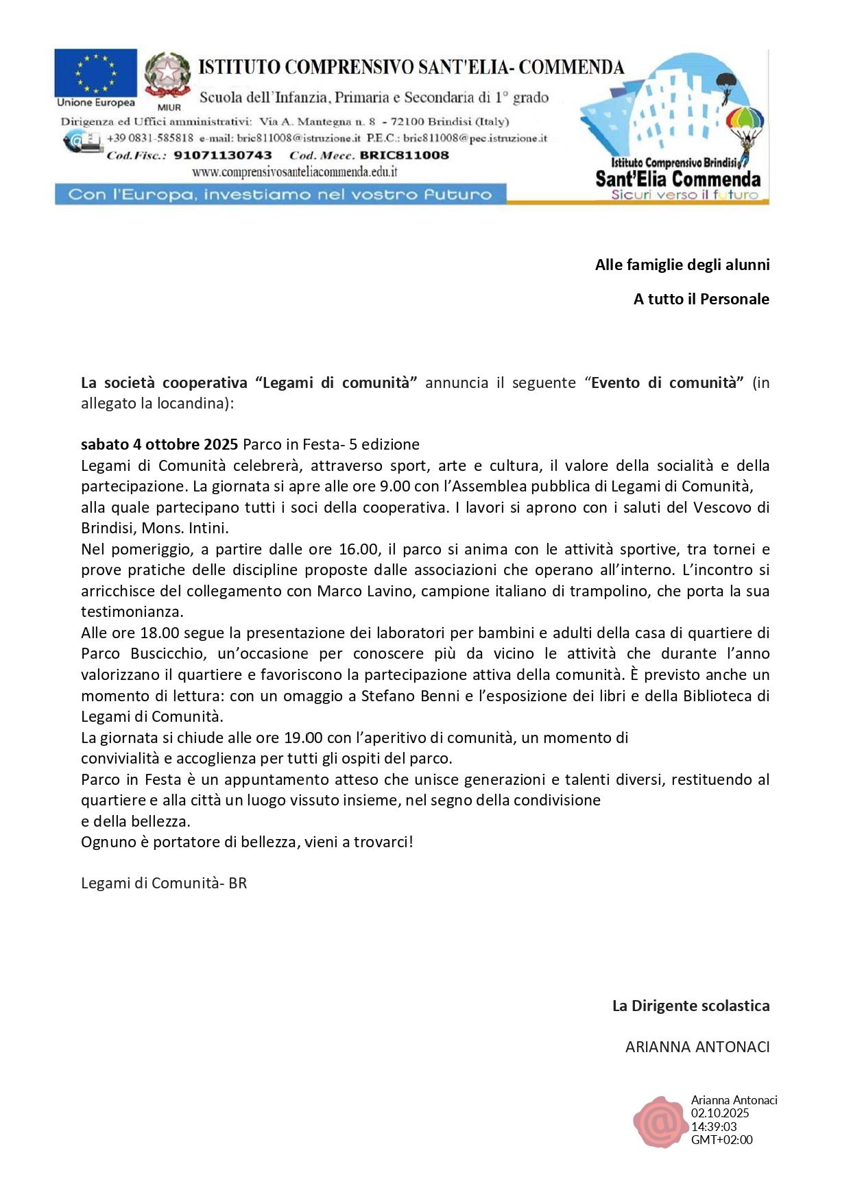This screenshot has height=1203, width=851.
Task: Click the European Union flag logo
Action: click(x=95, y=73)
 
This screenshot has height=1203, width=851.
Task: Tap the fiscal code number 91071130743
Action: click(x=223, y=156)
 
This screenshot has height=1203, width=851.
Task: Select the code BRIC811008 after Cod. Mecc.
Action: click(x=404, y=156)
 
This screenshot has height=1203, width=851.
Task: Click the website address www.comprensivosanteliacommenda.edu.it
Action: click(x=295, y=172)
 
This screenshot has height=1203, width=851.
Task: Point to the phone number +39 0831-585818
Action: click(x=150, y=138)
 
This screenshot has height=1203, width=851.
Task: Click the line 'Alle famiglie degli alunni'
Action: click(x=682, y=265)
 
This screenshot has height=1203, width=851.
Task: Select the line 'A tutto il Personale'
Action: click(x=701, y=299)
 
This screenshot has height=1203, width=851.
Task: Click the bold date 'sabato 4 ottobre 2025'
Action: click(x=159, y=444)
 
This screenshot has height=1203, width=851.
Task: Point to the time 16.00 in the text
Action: click(x=358, y=549)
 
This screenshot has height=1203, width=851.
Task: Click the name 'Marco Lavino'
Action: click(x=365, y=591)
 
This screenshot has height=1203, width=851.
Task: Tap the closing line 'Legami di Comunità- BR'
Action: click(x=164, y=883)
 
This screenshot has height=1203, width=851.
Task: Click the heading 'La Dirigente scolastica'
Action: click(x=691, y=1006)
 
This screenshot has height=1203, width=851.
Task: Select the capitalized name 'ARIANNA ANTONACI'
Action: click(x=697, y=1047)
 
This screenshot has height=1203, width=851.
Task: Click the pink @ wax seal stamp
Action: click(x=659, y=1122)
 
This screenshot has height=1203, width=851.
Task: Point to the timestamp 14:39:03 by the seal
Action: click(x=714, y=1126)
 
